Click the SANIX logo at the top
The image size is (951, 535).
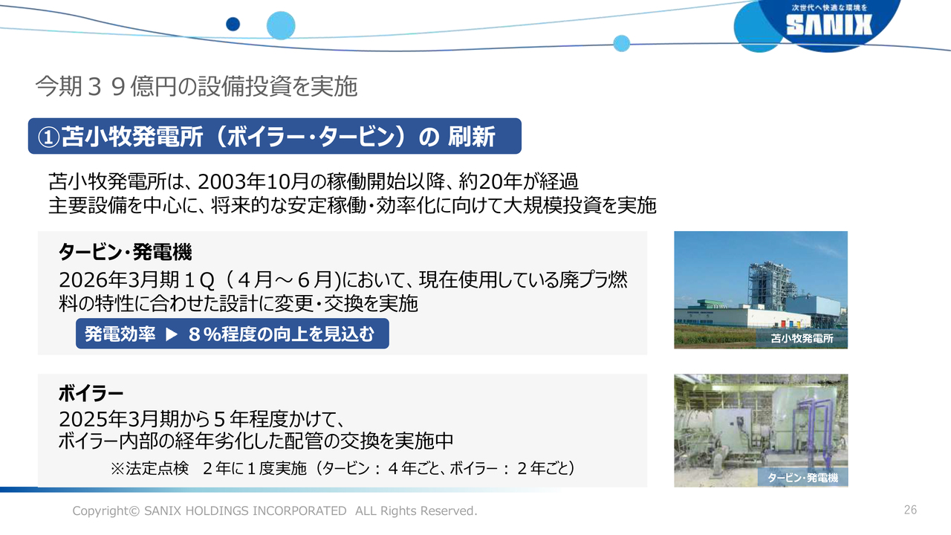click(828, 25)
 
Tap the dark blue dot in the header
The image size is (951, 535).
click(233, 25)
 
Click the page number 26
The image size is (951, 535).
click(910, 510)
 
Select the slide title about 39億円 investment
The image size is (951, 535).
click(196, 87)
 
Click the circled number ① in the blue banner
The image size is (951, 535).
click(48, 137)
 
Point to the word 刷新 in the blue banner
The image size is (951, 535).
click(471, 137)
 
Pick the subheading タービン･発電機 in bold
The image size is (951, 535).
click(126, 252)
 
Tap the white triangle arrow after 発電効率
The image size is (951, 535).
click(171, 334)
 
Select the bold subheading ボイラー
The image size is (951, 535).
click(91, 394)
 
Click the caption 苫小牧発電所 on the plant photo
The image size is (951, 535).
click(802, 338)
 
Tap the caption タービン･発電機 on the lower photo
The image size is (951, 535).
click(803, 478)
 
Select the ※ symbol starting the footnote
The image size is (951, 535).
click(117, 469)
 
